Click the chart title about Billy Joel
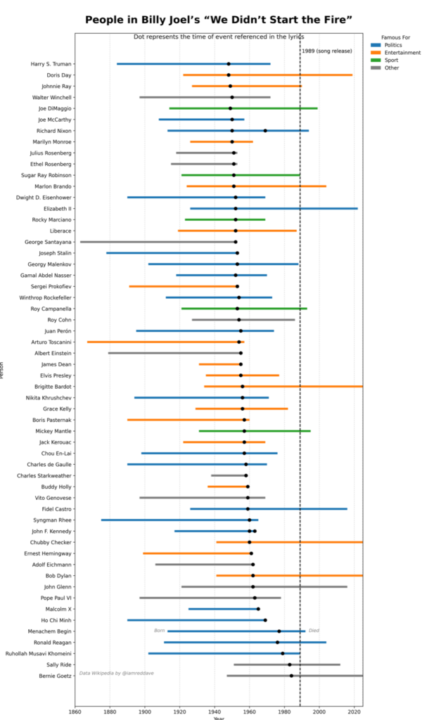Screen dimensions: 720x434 point(219,20)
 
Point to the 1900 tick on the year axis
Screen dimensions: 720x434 point(145,711)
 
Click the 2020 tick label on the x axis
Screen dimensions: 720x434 point(354,711)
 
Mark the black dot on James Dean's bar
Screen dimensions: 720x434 point(241,364)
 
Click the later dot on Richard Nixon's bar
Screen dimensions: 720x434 point(265,131)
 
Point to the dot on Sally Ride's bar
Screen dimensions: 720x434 point(290,664)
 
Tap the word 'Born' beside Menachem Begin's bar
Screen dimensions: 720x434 point(160,631)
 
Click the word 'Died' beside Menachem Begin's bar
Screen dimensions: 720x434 point(314,631)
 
